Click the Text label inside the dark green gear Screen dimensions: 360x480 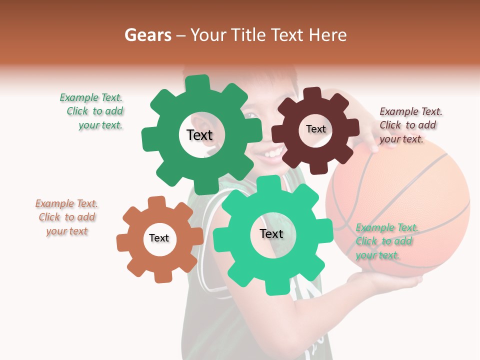(x=199, y=135)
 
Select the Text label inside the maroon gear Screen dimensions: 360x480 (x=315, y=129)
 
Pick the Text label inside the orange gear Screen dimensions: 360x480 (x=159, y=238)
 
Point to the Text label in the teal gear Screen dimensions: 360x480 (x=271, y=233)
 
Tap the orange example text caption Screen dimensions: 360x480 (x=66, y=217)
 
